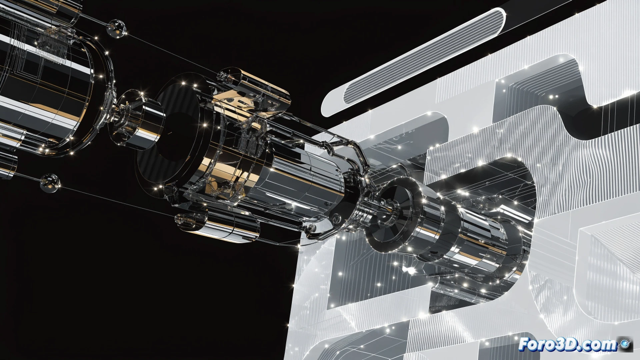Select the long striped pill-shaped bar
coord(413,62)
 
